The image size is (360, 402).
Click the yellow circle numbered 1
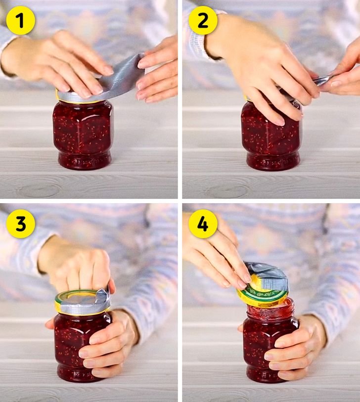coord(20,20)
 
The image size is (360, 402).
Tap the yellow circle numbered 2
coord(203,20)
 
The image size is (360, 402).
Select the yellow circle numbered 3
coord(20,223)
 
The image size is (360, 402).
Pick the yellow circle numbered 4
coord(203,223)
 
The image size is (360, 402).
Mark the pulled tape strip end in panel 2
coord(320,80)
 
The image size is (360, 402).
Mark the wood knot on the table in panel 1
coord(39,190)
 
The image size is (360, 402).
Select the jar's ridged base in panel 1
coord(85,160)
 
